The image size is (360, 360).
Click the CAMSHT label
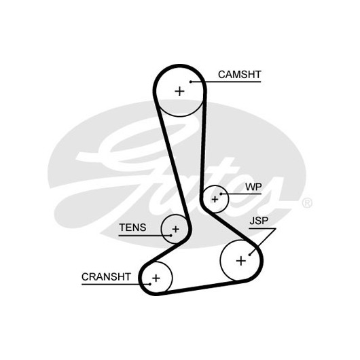click(240, 75)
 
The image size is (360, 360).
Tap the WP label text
click(253, 187)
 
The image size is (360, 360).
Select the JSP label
click(259, 221)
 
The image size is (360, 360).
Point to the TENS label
click(132, 228)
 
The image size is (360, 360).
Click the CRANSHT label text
click(106, 276)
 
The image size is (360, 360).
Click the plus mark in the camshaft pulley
click(179, 91)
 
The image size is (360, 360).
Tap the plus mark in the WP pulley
click(215, 199)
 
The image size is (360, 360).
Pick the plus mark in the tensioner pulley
click(176, 229)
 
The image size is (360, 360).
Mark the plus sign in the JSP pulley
click(241, 261)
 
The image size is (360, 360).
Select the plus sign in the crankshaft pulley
click(156, 278)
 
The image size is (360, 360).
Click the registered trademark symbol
click(307, 202)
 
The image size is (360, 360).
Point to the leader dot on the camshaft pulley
click(191, 82)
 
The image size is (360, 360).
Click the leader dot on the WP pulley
click(221, 194)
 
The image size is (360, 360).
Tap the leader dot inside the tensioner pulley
click(171, 235)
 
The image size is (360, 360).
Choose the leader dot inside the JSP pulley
click(250, 255)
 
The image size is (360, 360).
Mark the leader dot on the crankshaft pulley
click(150, 284)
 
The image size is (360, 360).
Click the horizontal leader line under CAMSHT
click(226, 82)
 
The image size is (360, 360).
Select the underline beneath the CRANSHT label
click(116, 284)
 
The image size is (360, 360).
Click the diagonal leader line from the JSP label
click(263, 242)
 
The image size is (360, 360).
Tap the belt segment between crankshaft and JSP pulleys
click(201, 288)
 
